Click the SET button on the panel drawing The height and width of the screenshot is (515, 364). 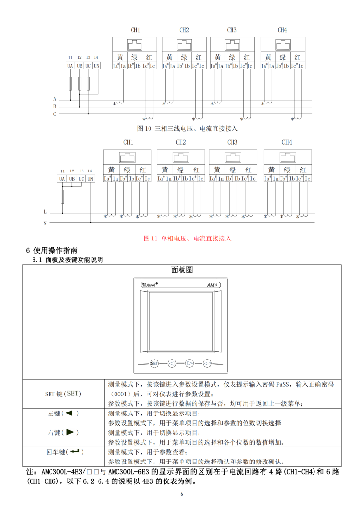coord(154,363)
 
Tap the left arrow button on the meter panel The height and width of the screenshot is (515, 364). coord(172,363)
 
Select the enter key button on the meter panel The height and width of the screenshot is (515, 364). coord(207,363)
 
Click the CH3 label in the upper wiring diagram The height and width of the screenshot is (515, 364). coord(232,30)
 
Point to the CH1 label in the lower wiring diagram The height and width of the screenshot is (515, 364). coord(128,142)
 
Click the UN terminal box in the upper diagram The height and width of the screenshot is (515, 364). coord(96,66)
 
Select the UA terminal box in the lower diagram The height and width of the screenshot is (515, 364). coord(62,179)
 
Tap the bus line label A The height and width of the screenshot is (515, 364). coord(55,99)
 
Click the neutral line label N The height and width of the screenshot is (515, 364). coord(45,223)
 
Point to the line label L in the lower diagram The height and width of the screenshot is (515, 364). coord(45,212)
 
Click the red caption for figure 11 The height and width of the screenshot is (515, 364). coord(188,239)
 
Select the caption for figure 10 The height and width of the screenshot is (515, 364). coord(188,129)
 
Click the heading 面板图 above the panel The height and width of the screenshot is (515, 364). coord(182,270)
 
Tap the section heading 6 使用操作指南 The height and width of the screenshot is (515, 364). coord(51,251)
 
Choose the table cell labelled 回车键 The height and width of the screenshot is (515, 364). coord(65,452)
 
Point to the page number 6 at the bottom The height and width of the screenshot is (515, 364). coord(182,494)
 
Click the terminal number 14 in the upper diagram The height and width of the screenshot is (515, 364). coord(96,58)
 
